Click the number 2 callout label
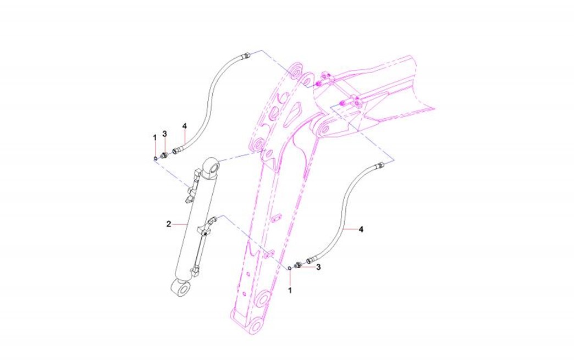tap(169, 224)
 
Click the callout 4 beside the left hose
tap(185, 126)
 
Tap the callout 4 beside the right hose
tap(361, 229)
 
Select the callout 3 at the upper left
tap(165, 134)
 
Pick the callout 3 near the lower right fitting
tap(318, 267)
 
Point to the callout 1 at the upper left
tap(154, 137)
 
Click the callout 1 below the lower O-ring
tap(290, 291)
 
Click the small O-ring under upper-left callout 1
tap(156, 158)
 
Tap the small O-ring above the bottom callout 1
tap(290, 268)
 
